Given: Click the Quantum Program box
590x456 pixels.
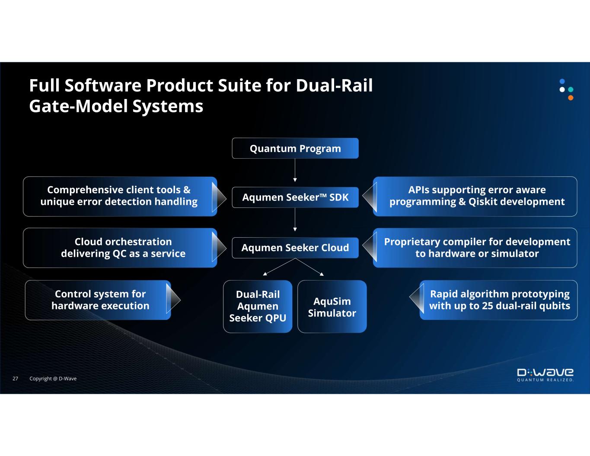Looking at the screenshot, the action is (295, 148).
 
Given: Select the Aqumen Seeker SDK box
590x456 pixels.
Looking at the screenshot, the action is (295, 198).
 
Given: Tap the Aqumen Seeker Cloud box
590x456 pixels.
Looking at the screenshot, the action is (295, 248).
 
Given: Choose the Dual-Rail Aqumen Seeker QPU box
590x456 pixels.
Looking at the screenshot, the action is (258, 306).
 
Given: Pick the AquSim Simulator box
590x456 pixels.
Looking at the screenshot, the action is (332, 306).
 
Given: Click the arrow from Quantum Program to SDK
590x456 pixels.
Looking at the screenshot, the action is (295, 170).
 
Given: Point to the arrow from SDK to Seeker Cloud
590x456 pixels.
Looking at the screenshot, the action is (295, 220).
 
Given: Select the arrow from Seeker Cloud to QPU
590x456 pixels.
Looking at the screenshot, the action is (279, 267).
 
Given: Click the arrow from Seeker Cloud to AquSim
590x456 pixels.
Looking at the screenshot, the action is (309, 267).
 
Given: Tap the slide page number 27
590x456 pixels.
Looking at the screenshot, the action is (15, 379).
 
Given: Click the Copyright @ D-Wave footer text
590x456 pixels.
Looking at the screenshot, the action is (53, 379).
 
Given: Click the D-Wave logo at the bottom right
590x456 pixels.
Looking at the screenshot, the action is (545, 375).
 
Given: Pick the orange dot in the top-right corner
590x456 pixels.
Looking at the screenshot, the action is (571, 98).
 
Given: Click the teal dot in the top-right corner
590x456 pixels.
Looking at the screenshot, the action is (571, 89).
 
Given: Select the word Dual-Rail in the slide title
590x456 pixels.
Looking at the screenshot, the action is (334, 86).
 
